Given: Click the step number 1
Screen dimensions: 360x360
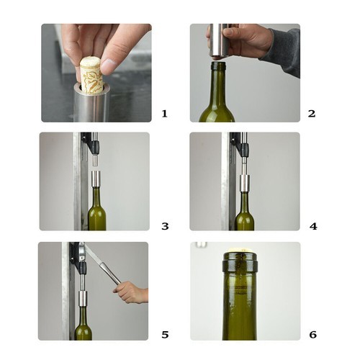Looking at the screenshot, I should (165, 114).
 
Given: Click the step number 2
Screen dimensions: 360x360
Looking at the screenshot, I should (311, 114).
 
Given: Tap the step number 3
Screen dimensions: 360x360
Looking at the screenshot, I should (165, 226).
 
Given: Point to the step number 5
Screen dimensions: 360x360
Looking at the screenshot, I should (165, 335).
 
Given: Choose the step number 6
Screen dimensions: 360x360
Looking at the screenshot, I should (312, 335).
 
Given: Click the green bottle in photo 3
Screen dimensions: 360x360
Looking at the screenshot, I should (96, 212).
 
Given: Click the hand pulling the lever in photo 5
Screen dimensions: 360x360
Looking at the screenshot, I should (131, 292).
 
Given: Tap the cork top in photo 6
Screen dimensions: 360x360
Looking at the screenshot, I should (239, 254).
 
